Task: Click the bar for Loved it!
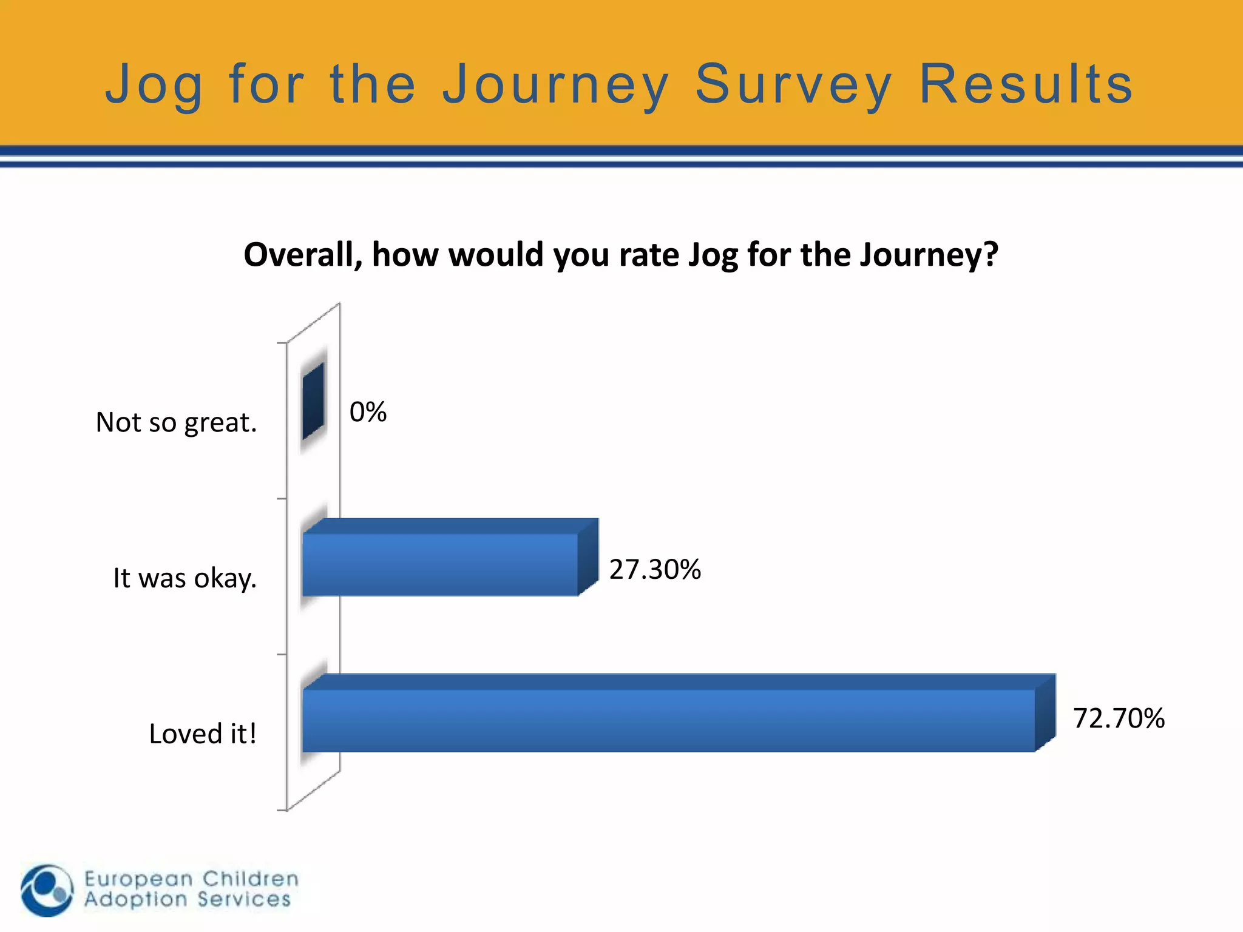[668, 721]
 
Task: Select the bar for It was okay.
[440, 564]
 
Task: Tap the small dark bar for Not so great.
[313, 401]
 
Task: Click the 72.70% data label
[1119, 718]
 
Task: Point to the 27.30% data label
[655, 570]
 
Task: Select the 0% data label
[368, 412]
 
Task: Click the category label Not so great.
[176, 422]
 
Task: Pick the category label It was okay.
[185, 578]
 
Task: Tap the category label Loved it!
[203, 734]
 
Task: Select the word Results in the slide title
[1026, 84]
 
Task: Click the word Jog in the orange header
[154, 86]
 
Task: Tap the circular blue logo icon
[47, 890]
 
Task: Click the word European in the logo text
[139, 879]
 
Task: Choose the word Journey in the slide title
[555, 86]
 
